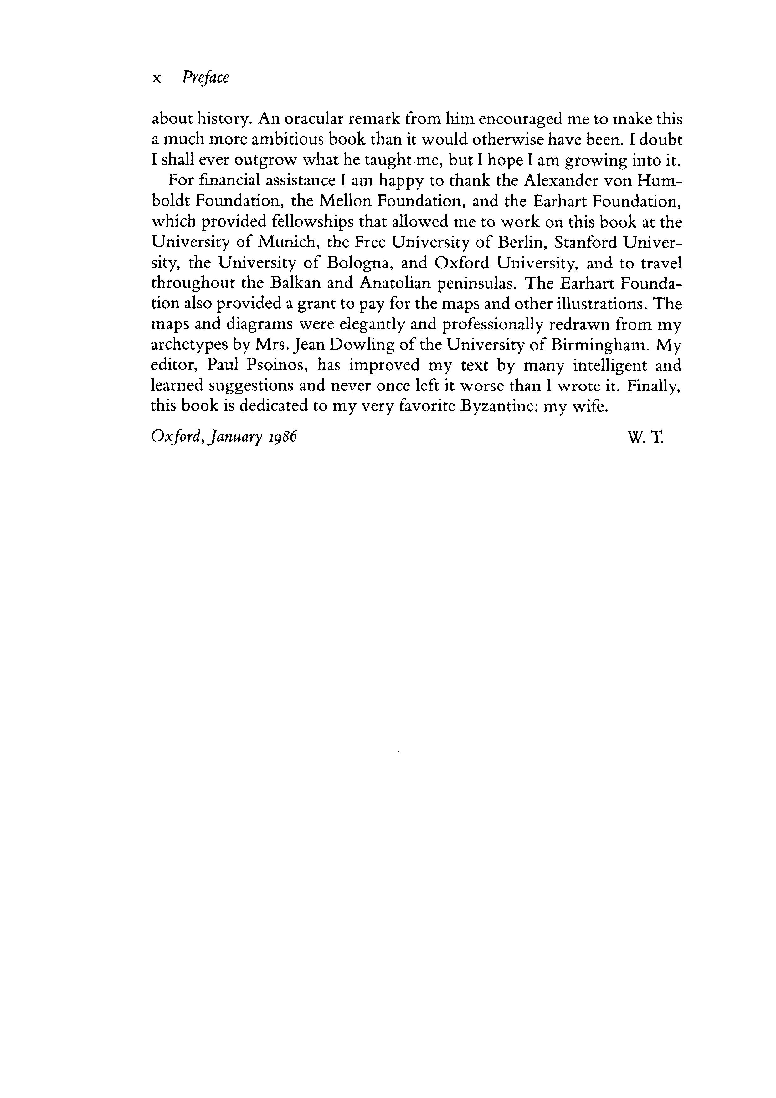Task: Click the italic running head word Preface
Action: point(205,78)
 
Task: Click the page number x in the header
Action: point(155,79)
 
